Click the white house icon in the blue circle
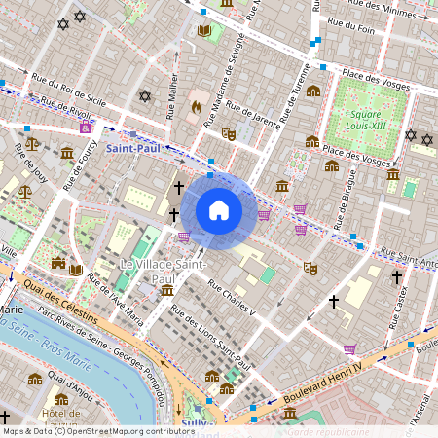tap(219, 209)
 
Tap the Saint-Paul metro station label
tap(133, 148)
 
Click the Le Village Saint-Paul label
tap(161, 271)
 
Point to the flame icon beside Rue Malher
tap(196, 107)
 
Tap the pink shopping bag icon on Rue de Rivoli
tap(86, 128)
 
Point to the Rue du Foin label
tap(352, 28)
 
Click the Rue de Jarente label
tap(257, 127)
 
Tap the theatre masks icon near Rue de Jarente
tap(229, 133)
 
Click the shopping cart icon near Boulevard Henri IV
tap(349, 348)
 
